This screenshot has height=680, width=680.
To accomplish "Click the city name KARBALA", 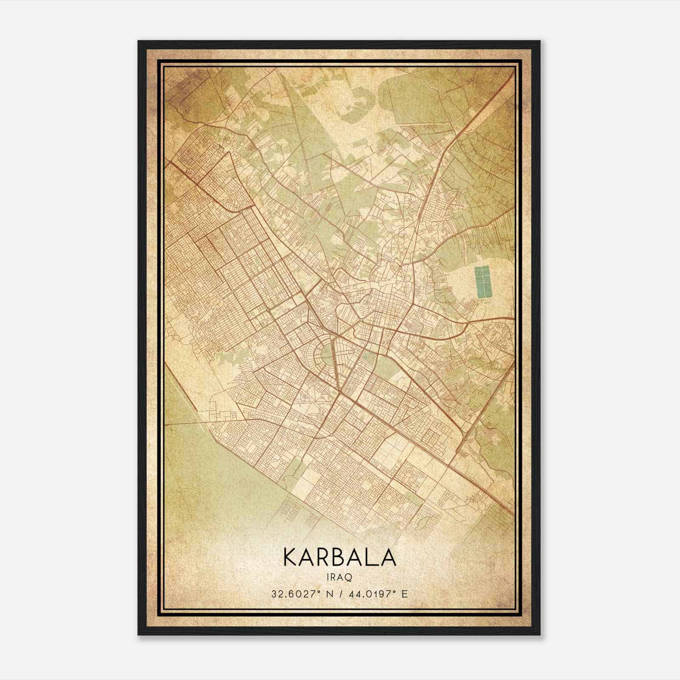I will click(339, 557).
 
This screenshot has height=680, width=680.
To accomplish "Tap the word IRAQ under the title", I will click(339, 577).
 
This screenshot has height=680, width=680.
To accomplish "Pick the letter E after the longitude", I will click(405, 594).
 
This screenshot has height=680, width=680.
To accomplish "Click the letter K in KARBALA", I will click(290, 557).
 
